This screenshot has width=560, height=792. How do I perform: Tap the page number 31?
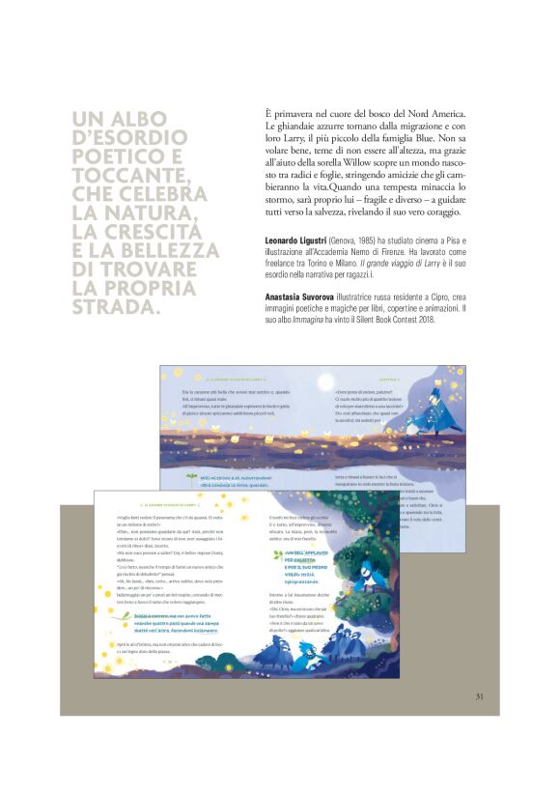pos(479,696)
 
